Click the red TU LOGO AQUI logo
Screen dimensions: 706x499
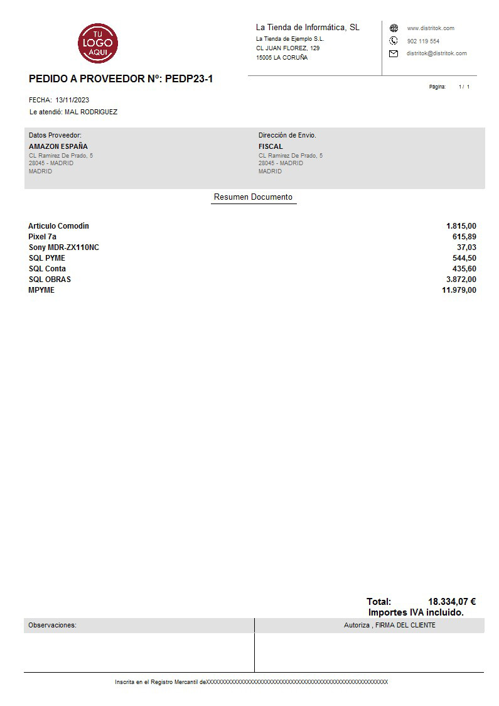pyautogui.click(x=98, y=43)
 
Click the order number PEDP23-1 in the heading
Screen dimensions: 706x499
pyautogui.click(x=189, y=79)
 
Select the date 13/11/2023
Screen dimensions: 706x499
pyautogui.click(x=72, y=100)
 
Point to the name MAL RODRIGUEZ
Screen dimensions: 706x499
pyautogui.click(x=91, y=112)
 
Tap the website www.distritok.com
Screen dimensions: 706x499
pyautogui.click(x=431, y=28)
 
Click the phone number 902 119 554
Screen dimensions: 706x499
pyautogui.click(x=423, y=41)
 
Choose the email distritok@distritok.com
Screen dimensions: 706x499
pyautogui.click(x=436, y=53)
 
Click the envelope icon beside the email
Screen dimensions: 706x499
pyautogui.click(x=394, y=53)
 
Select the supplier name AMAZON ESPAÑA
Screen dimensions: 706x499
pyautogui.click(x=58, y=146)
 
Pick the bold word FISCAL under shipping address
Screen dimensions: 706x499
pyautogui.click(x=271, y=146)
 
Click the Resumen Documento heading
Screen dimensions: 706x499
pyautogui.click(x=253, y=197)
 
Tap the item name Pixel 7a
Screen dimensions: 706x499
pyautogui.click(x=42, y=237)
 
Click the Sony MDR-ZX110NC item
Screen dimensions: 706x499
pyautogui.click(x=63, y=247)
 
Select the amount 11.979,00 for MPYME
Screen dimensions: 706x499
pyautogui.click(x=459, y=290)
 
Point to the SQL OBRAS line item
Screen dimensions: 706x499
pyautogui.click(x=50, y=280)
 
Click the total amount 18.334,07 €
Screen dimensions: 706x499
pyautogui.click(x=451, y=601)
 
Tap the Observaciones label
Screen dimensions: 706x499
pyautogui.click(x=52, y=625)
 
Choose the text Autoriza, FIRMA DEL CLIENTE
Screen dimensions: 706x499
pyautogui.click(x=389, y=625)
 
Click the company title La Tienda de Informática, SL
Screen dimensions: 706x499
pyautogui.click(x=308, y=28)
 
